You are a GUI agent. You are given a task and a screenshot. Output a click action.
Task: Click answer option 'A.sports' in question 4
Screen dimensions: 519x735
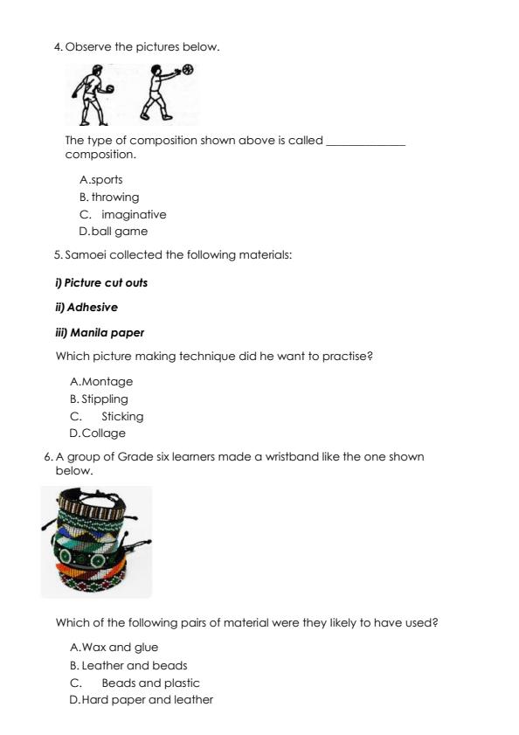(x=100, y=180)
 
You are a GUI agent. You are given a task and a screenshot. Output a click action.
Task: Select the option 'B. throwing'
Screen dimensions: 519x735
(x=108, y=198)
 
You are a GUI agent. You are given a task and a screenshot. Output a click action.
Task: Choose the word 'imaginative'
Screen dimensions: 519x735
(x=134, y=215)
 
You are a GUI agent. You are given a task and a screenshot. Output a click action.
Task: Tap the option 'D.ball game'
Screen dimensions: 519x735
(x=113, y=232)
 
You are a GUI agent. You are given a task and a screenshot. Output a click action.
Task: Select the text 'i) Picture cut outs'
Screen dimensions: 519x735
(x=101, y=283)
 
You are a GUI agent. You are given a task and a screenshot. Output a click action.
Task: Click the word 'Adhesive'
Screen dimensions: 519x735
(x=92, y=308)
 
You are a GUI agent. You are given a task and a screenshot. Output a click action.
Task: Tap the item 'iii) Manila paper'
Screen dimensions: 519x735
(x=100, y=333)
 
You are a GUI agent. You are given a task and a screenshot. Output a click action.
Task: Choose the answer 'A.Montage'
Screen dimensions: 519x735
(x=100, y=382)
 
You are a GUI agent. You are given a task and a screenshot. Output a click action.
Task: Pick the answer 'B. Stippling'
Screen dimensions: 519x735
(x=99, y=399)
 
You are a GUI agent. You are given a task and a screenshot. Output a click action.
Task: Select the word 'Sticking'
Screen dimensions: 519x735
(x=122, y=417)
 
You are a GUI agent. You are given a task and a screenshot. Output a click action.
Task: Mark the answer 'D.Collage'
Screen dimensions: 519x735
(x=97, y=433)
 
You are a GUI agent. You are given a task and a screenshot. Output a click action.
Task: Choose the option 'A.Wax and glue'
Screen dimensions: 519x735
(x=114, y=648)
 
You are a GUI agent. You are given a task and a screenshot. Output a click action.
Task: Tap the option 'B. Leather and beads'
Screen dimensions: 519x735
(x=128, y=666)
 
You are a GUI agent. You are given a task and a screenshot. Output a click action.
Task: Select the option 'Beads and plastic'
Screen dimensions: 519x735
(x=150, y=683)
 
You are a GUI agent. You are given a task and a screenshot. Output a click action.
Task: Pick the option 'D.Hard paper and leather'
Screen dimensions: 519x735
(x=141, y=700)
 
